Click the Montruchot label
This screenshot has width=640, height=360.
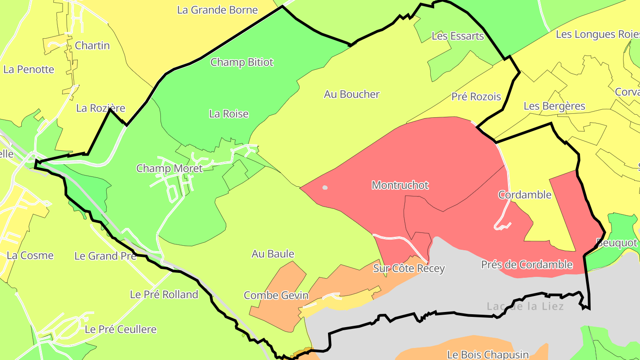400,185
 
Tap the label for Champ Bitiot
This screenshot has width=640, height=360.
242,62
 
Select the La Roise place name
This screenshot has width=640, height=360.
229,114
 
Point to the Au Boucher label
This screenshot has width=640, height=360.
352,94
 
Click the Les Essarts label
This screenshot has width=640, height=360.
458,36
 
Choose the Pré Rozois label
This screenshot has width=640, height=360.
476,96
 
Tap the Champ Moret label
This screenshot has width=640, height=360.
169,168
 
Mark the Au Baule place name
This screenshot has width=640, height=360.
273,254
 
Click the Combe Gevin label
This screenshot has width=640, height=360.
276,296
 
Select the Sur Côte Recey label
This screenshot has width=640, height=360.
409,268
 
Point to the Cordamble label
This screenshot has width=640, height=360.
524,195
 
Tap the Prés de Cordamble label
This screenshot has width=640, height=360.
527,265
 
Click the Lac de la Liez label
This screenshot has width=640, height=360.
525,307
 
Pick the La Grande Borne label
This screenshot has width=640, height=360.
217,10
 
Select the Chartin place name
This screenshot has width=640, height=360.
92,45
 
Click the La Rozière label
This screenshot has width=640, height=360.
101,108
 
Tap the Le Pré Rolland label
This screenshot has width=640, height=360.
164,295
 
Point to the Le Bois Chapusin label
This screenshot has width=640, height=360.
488,355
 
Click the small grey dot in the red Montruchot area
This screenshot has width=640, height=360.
325,188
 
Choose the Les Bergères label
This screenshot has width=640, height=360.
554,106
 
